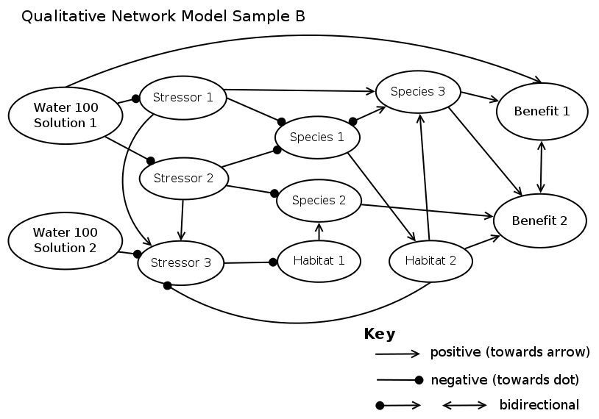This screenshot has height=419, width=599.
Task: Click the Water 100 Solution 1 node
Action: coord(65,115)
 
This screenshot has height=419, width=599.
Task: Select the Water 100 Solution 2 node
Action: coord(65,240)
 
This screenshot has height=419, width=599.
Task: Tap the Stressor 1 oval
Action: coord(182,97)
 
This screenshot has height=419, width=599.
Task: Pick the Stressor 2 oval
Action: coord(182,178)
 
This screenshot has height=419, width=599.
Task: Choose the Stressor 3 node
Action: coord(181,262)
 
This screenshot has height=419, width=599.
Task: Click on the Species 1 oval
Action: coord(317,137)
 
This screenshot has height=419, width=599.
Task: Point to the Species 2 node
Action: coord(319,200)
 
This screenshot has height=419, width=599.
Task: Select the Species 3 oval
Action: coord(418,92)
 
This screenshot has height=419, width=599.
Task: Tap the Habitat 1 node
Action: coord(319,260)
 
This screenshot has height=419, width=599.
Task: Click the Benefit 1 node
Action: coord(542,112)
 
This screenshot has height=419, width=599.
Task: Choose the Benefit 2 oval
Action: coord(539,221)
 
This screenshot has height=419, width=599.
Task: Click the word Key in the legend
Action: coord(380,334)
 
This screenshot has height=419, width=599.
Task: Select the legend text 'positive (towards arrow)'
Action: coord(510,352)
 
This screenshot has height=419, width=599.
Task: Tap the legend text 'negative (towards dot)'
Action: coord(504,380)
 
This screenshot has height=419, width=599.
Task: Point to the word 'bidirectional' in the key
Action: coord(539,405)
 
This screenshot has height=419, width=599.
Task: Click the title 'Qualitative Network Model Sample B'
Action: coord(163,16)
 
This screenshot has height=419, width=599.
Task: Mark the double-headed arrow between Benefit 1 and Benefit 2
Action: coord(542,167)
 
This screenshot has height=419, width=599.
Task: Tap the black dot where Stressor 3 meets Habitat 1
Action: coord(272,262)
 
